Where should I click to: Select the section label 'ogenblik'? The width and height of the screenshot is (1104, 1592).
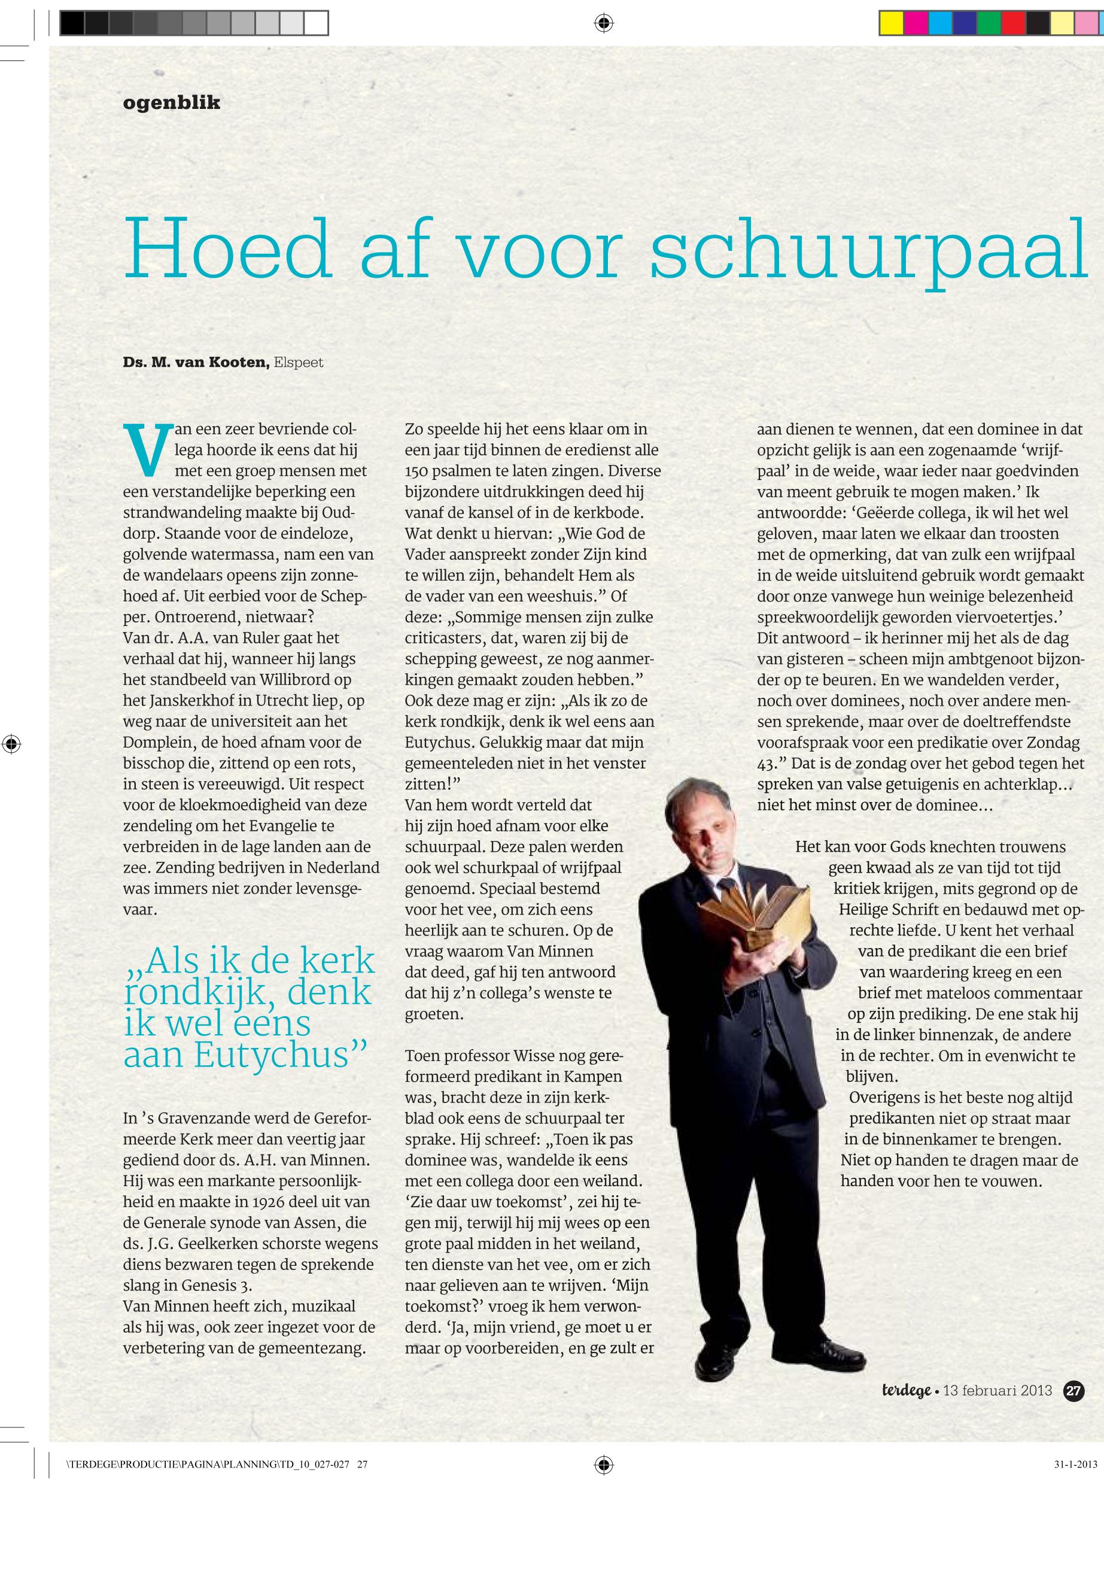click(172, 103)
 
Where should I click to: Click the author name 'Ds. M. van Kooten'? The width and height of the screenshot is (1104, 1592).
click(196, 362)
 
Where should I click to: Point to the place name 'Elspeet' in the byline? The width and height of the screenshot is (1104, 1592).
click(298, 362)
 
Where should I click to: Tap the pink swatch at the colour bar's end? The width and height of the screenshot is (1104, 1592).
click(1087, 23)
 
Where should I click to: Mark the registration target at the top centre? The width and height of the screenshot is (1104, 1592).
click(603, 24)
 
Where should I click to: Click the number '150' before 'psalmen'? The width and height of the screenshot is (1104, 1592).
click(417, 471)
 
